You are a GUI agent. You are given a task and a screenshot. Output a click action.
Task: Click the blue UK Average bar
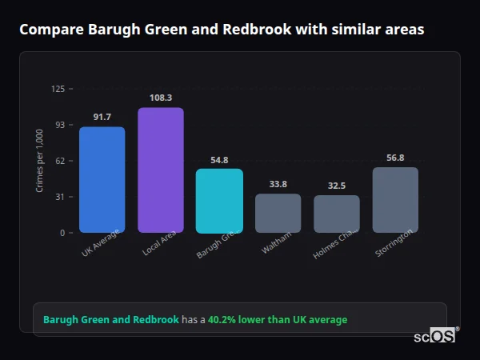102,180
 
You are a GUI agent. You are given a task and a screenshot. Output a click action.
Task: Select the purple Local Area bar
160,170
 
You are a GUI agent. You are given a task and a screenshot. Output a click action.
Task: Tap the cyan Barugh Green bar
219,201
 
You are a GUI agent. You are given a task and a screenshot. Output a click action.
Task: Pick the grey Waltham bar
278,214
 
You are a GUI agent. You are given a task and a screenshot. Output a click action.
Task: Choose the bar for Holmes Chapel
337,214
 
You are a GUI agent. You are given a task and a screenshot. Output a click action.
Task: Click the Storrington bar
395,200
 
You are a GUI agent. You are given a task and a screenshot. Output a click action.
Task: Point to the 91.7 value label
102,118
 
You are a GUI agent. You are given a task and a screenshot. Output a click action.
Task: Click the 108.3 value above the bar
160,98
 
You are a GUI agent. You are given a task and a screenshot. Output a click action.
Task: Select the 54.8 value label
219,160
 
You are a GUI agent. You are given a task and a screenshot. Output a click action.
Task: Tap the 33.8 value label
278,184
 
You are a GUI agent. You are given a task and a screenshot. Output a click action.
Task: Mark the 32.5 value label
337,186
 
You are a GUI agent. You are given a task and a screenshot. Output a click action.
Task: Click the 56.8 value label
395,158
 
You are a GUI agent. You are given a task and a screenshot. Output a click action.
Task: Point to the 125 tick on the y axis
58,89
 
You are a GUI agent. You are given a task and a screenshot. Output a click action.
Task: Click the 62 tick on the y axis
60,161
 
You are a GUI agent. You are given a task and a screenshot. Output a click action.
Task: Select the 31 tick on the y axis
60,197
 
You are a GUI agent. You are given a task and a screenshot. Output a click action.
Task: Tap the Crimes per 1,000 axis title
40,161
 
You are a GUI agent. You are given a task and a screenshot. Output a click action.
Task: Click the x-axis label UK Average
101,243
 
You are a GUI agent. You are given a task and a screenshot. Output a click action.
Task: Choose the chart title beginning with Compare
222,30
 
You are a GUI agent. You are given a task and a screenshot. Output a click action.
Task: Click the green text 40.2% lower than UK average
278,320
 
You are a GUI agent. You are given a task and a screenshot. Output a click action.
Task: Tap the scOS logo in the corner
435,336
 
